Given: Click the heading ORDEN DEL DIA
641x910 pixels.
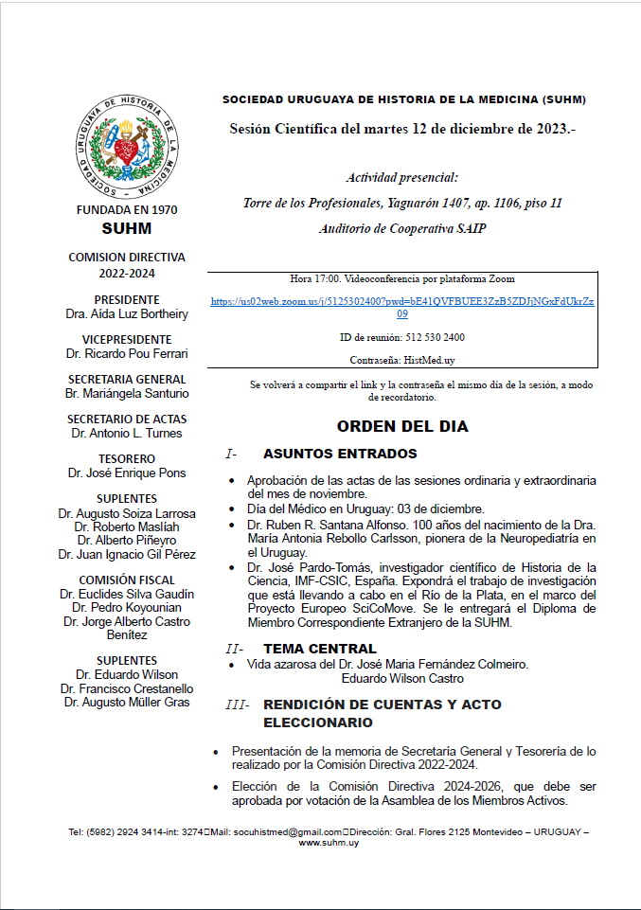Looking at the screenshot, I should tap(402, 426).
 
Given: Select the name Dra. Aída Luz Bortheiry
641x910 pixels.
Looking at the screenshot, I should tap(127, 313).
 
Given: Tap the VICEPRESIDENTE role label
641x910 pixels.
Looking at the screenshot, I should tap(127, 339).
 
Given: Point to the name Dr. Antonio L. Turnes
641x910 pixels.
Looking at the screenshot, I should tap(127, 433).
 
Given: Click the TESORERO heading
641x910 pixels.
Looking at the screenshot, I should tap(127, 458).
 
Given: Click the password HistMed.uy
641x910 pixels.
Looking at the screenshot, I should tap(429, 360).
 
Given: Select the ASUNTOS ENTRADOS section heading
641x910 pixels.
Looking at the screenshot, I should tap(340, 454).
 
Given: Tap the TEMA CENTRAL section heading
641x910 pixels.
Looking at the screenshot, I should tap(319, 649).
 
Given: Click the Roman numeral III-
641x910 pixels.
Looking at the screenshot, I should tap(238, 705).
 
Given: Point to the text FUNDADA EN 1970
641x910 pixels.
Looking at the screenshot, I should tap(126, 210).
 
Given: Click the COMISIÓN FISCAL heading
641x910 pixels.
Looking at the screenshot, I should tap(127, 580).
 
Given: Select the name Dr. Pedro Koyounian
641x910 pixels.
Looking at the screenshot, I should tap(127, 607).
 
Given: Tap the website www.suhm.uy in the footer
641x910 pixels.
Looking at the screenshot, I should tap(328, 842).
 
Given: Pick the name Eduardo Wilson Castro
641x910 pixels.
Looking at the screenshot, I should tap(402, 678).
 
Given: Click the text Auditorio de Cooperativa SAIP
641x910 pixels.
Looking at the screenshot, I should tap(402, 228).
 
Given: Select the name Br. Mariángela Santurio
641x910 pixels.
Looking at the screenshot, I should tap(127, 393).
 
